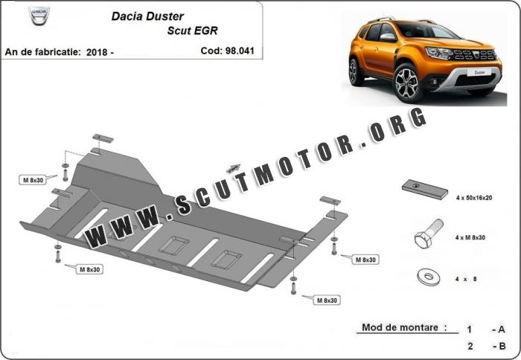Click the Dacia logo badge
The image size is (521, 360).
pos(39,16)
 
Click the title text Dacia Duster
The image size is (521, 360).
pos(147,16)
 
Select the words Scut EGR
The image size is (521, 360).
pos(192,30)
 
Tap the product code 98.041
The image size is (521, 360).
pos(240,51)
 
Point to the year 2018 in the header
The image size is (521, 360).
pos(96,52)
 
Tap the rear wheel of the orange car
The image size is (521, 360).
pos(356,72)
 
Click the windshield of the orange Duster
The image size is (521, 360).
pos(428,30)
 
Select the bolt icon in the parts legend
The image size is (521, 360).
pos(428,234)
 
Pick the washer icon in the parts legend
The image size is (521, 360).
pos(428,276)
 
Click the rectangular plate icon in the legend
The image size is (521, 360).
pos(424,190)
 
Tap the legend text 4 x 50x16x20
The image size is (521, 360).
pos(474,198)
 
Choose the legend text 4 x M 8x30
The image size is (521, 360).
pos(470,237)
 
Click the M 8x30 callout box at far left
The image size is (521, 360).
pos(33,180)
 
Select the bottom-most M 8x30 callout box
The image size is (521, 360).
pos(327,300)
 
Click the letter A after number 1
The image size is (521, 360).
pos(502,330)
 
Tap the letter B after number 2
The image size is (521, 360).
pos(502,346)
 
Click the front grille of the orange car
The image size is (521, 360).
pos(475,55)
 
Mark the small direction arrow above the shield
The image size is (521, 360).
pos(233,168)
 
